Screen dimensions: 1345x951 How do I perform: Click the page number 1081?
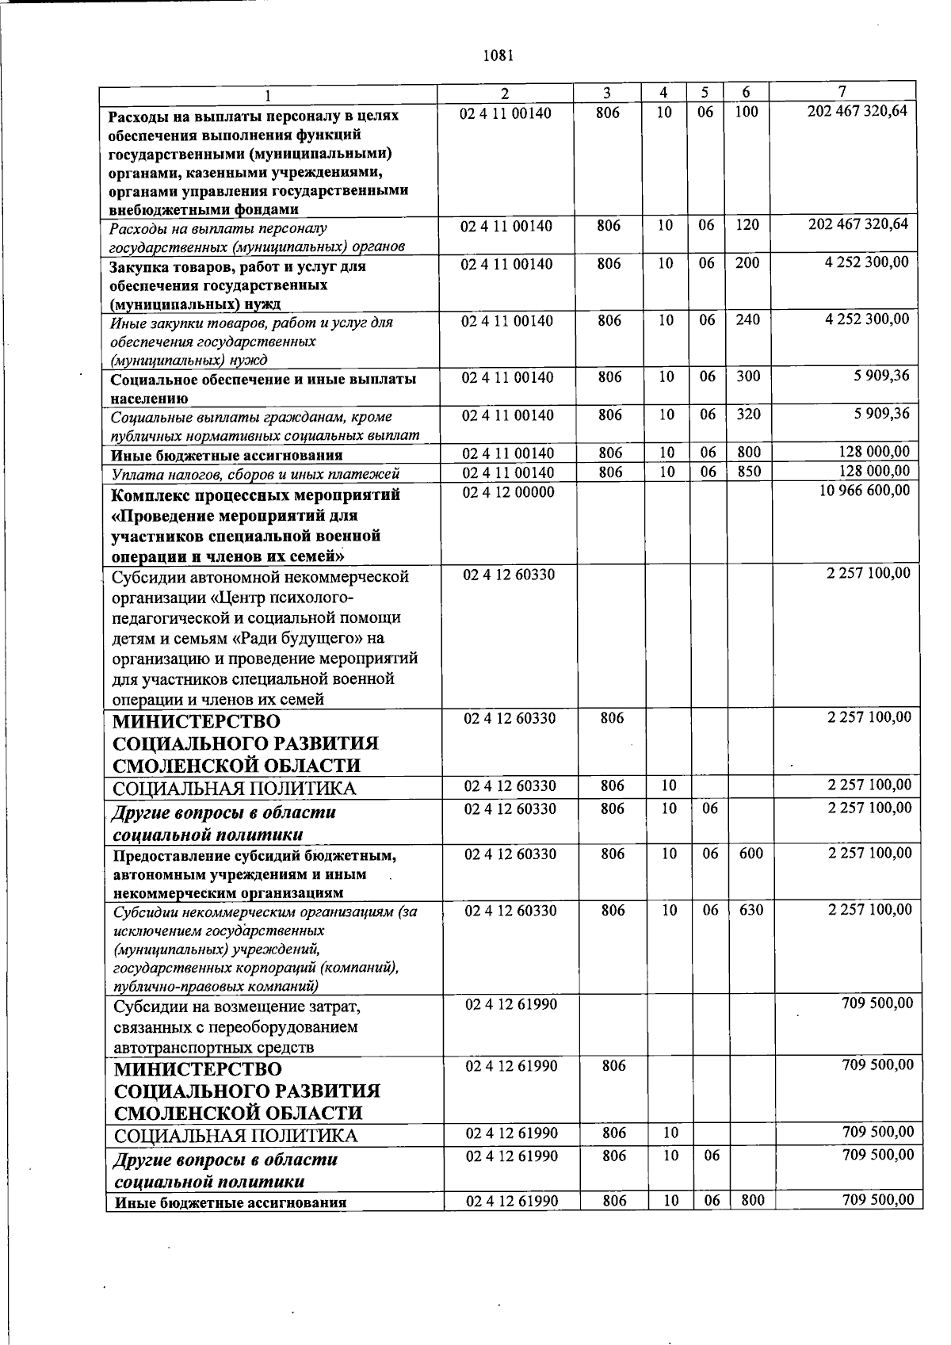[498, 56]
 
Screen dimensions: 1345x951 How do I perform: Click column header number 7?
[842, 92]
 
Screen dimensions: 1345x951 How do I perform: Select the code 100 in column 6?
[746, 113]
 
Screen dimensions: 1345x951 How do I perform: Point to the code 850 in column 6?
[748, 472]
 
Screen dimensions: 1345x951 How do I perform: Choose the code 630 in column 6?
[750, 911]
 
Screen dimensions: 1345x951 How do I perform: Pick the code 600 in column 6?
[750, 854]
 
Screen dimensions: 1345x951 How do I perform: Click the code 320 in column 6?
[748, 415]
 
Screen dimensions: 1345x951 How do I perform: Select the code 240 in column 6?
[747, 320]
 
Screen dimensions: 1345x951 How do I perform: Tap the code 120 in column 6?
[747, 225]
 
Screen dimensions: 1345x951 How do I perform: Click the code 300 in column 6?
[748, 376]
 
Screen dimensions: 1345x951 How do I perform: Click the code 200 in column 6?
[747, 263]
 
